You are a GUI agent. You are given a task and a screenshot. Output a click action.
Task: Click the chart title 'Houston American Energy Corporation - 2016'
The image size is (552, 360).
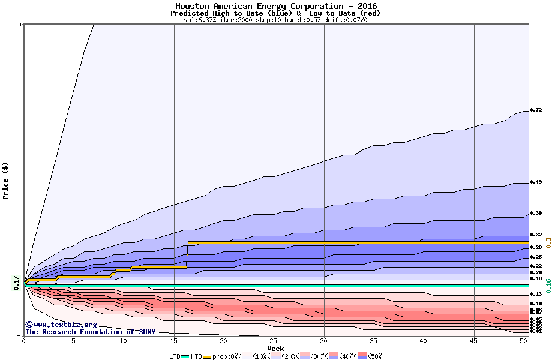click(x=276, y=6)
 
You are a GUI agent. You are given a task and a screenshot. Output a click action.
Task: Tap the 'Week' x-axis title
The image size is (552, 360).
click(x=275, y=349)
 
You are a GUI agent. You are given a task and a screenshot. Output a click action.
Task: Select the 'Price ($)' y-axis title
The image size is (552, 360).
click(x=6, y=180)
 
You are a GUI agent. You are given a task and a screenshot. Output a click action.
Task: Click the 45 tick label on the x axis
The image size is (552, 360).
click(x=474, y=341)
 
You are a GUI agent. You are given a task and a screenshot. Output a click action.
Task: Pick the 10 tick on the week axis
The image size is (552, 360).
click(x=124, y=341)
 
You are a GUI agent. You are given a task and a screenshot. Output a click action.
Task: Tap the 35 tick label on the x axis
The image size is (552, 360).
click(x=374, y=341)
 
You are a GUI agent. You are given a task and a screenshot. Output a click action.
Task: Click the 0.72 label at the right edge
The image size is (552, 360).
click(x=536, y=110)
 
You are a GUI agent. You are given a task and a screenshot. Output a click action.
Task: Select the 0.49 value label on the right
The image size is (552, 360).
click(x=536, y=182)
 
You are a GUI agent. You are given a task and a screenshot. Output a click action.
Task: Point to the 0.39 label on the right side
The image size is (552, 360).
click(x=536, y=213)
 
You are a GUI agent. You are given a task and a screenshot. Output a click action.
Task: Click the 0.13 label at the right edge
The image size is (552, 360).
click(x=536, y=294)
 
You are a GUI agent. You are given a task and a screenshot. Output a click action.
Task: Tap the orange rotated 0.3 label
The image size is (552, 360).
click(x=548, y=242)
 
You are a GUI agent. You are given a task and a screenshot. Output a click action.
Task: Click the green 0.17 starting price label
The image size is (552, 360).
click(x=16, y=283)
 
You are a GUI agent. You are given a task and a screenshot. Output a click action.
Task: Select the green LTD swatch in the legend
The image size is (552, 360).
click(x=185, y=356)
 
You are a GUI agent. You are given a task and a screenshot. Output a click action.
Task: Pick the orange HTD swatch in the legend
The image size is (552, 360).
click(x=207, y=356)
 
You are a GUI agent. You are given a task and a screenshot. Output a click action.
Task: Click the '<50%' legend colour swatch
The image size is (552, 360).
click(x=364, y=356)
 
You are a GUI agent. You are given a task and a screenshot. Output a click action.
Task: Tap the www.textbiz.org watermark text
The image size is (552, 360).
click(x=57, y=325)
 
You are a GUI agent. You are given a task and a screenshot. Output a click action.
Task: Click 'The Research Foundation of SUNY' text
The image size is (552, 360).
click(x=88, y=332)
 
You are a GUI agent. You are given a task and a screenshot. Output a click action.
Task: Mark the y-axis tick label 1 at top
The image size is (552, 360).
click(x=19, y=25)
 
